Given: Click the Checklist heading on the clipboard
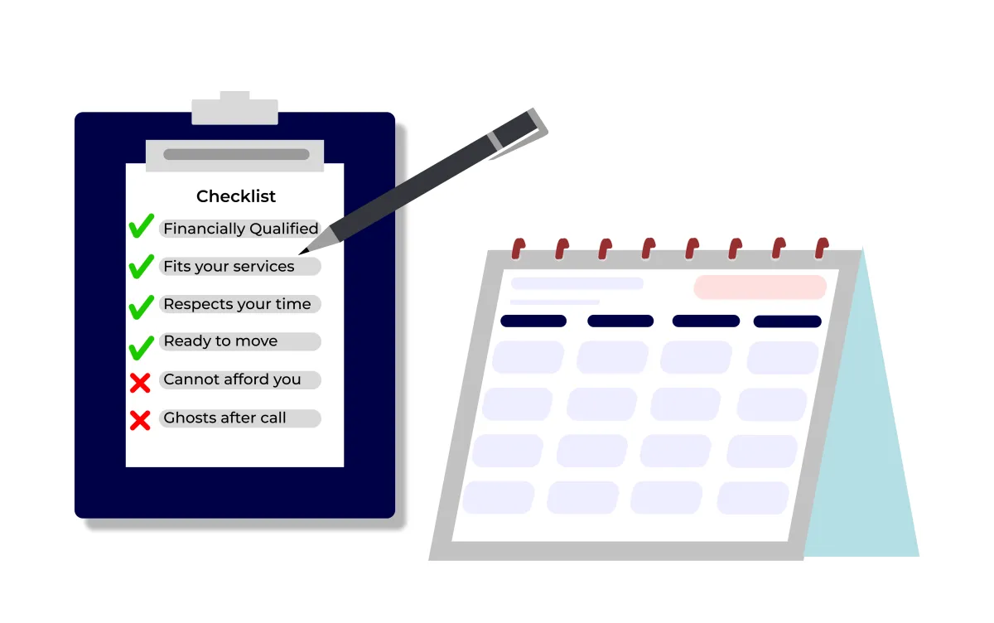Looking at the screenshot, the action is [235, 196].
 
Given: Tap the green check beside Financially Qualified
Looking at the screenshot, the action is [141, 226].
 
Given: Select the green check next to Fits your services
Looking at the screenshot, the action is [141, 266].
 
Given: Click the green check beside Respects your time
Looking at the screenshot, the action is [141, 307].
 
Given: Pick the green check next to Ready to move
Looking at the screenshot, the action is [141, 348].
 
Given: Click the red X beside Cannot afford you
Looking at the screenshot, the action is [140, 383].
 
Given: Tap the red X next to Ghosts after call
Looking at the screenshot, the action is [140, 421].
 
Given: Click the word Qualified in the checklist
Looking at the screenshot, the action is [284, 229].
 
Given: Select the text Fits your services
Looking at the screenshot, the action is [229, 267].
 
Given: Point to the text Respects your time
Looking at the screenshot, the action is [237, 304].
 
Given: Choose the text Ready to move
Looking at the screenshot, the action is [220, 341].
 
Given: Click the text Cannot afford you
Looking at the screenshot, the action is [232, 379].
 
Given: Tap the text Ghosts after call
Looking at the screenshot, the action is [224, 418].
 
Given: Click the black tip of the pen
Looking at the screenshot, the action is [302, 253].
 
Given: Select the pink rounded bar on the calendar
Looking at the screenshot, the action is [760, 287].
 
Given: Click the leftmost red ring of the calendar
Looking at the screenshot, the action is [518, 249].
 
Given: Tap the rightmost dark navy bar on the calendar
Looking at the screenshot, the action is [787, 321].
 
